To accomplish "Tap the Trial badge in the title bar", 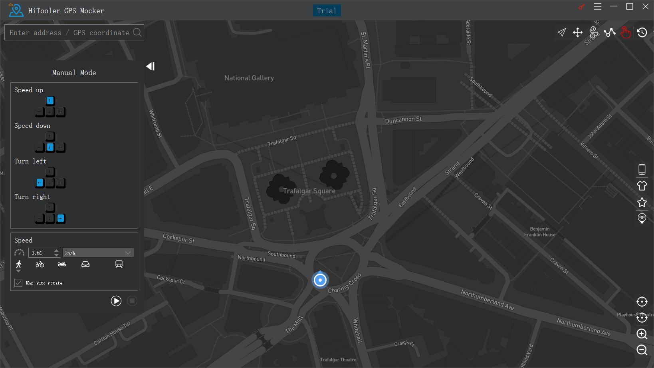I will [327, 11].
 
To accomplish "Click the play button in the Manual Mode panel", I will [116, 301].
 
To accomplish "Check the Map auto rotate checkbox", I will [18, 283].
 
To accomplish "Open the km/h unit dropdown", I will [98, 253].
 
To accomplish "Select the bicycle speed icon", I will [40, 264].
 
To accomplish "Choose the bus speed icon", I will [119, 264].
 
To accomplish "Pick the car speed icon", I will [85, 264].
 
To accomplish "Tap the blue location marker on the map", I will [320, 280].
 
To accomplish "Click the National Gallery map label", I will [249, 78].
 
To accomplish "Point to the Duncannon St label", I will [403, 119].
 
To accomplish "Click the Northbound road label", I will [252, 258].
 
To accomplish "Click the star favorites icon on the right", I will [642, 202].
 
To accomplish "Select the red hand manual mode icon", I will [626, 32].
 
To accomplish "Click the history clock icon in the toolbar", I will [642, 32].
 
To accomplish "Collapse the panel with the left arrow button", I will [151, 66].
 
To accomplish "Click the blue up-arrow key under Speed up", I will [50, 101].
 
